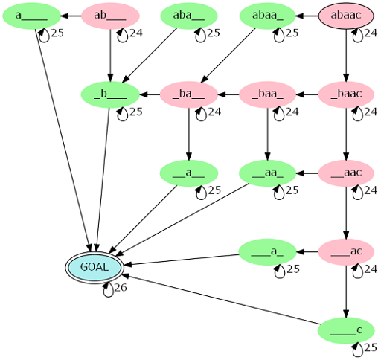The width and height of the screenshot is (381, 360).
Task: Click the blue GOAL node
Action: tap(95, 267)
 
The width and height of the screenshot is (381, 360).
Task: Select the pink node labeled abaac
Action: tap(346, 16)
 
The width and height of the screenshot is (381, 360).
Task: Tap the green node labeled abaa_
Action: tap(267, 16)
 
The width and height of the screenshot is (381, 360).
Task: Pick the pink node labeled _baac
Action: tap(346, 94)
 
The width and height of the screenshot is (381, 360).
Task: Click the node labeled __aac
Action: tap(346, 173)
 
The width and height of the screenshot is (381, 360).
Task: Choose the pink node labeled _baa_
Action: tap(267, 94)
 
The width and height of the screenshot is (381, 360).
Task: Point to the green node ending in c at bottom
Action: tap(346, 330)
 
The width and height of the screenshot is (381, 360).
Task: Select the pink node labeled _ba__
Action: tap(189, 94)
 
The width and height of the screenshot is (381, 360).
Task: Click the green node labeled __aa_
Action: tap(267, 173)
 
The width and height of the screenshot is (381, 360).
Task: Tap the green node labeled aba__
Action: tap(189, 16)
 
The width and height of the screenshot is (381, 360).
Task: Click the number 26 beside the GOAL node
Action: tap(121, 288)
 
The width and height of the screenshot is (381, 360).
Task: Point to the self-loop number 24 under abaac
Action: tap(371, 33)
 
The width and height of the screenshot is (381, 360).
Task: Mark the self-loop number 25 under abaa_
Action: tap(292, 33)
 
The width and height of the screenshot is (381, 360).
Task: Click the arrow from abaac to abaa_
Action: tap(307, 16)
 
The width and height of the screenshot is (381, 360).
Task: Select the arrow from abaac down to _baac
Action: tap(346, 55)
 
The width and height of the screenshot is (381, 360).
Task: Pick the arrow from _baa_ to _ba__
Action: tap(228, 94)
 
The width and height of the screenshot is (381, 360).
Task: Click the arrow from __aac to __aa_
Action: tap(307, 173)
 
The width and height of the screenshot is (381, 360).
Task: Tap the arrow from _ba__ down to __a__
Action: tap(189, 134)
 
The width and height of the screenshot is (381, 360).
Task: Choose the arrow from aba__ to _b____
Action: tap(150, 55)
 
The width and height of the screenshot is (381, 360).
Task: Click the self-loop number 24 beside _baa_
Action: tap(292, 112)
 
